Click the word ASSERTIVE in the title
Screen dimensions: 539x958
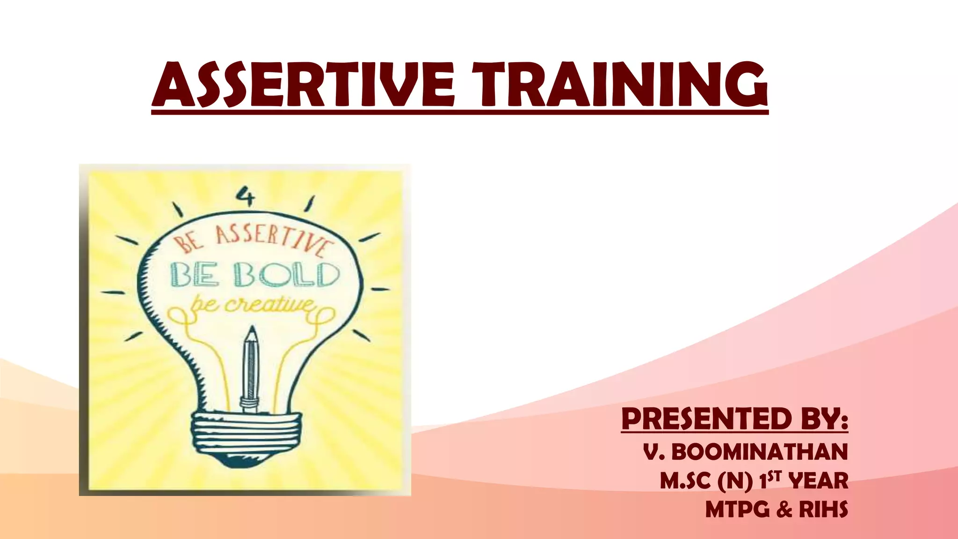304,85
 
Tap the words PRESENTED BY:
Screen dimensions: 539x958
734,418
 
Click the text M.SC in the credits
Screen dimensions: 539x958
685,481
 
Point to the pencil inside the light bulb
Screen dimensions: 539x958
250,370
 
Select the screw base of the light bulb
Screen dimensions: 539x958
247,437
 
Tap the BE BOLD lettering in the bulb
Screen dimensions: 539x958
254,274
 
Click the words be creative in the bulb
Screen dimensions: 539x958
253,305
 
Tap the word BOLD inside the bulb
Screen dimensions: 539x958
286,274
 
